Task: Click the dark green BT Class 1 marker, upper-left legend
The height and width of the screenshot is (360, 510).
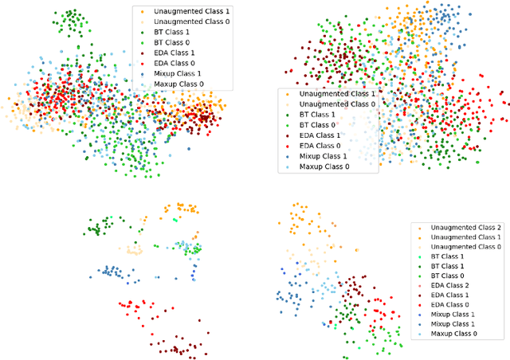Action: click(142, 33)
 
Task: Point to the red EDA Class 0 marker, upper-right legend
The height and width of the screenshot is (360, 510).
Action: click(289, 146)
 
